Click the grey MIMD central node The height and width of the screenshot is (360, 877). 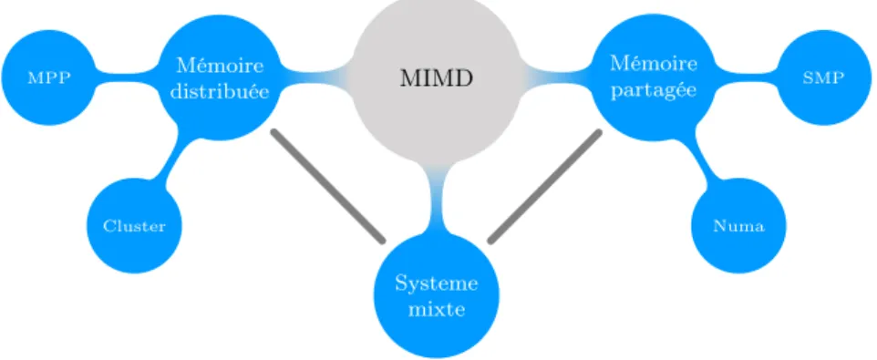437,78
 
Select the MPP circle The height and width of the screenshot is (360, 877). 48,77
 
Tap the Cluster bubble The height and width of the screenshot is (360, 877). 134,226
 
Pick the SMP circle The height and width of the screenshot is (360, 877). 823,77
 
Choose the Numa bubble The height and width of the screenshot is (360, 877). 738,226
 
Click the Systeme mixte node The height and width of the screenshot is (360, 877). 437,295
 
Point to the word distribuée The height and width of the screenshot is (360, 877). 219,91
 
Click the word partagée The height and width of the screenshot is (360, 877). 654,90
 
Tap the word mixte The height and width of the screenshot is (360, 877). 437,309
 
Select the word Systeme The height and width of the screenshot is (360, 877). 437,283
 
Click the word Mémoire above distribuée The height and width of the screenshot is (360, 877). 219,66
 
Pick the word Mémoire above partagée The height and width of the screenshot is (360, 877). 654,63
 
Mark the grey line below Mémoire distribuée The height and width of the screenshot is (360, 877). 328,186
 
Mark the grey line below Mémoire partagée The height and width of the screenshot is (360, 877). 545,187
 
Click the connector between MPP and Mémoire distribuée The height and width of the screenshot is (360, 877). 128,77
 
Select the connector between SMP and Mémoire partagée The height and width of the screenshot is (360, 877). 745,77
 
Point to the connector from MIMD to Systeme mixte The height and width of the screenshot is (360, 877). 437,198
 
